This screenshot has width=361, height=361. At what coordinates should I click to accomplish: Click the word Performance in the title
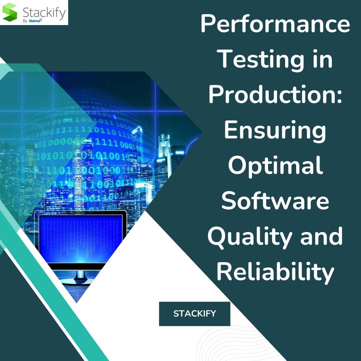275,24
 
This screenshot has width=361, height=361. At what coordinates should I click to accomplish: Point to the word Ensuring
275,130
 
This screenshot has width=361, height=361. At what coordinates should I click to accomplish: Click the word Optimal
275,165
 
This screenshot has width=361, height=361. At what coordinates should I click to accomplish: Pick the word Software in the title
275,201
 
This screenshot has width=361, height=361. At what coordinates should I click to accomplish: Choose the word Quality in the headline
250,237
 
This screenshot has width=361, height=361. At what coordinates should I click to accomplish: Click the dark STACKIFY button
195,314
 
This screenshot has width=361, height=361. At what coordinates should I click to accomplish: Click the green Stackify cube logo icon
9,12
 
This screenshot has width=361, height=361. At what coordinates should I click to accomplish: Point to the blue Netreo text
35,21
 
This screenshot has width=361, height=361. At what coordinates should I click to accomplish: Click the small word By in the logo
25,21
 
